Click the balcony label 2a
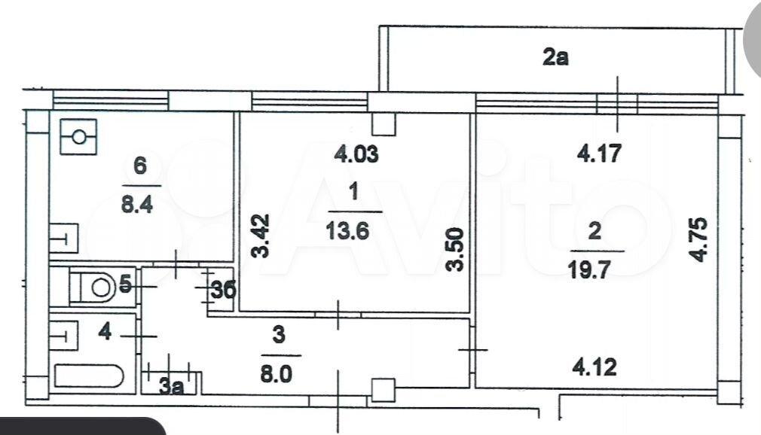pyautogui.click(x=555, y=57)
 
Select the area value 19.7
pyautogui.click(x=589, y=269)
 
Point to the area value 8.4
pyautogui.click(x=137, y=204)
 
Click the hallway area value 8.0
pyautogui.click(x=277, y=374)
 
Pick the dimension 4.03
pyautogui.click(x=356, y=154)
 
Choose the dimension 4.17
pyautogui.click(x=600, y=154)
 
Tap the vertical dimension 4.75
pyautogui.click(x=699, y=240)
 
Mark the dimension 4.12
pyautogui.click(x=595, y=367)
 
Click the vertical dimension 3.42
pyautogui.click(x=261, y=236)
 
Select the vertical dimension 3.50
pyautogui.click(x=455, y=250)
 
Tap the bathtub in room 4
pyautogui.click(x=90, y=376)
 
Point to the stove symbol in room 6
pyautogui.click(x=78, y=137)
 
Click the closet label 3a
pyautogui.click(x=172, y=386)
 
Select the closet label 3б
pyautogui.click(x=224, y=290)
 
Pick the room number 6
pyautogui.click(x=140, y=166)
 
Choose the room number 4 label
pyautogui.click(x=105, y=332)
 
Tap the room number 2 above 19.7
pyautogui.click(x=594, y=231)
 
